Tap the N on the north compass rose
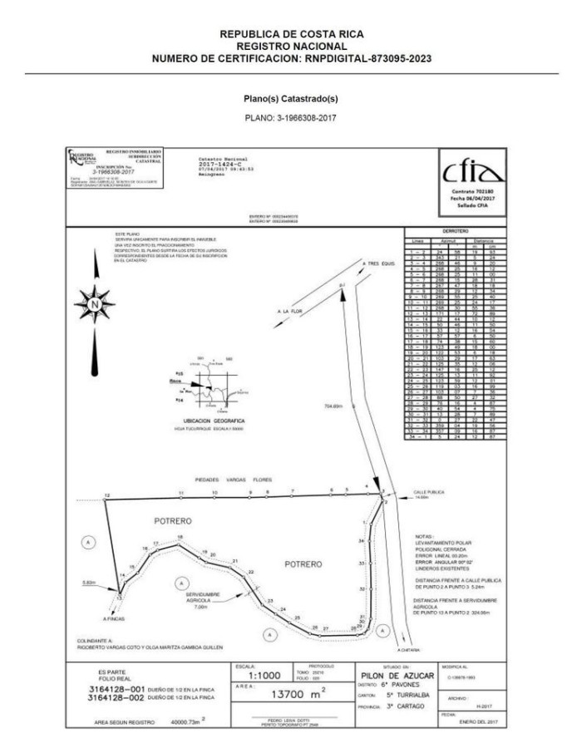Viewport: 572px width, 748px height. click(x=96, y=305)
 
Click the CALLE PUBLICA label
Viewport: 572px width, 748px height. click(x=429, y=492)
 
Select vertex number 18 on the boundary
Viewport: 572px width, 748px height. click(x=179, y=539)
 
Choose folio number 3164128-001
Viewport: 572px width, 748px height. click(x=126, y=689)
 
